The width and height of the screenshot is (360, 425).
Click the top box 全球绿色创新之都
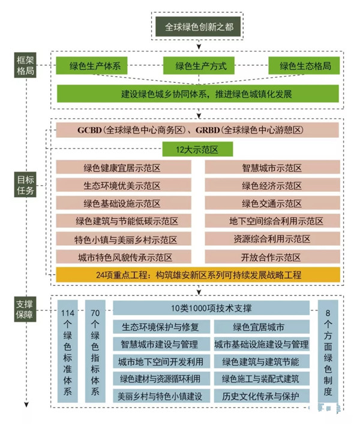tap(196, 27)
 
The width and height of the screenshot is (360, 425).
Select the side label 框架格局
tap(25, 65)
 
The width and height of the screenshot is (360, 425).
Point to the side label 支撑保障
tap(25, 308)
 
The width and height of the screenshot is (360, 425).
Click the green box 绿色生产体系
tap(95, 66)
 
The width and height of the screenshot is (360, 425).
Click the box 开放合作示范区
tap(271, 257)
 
